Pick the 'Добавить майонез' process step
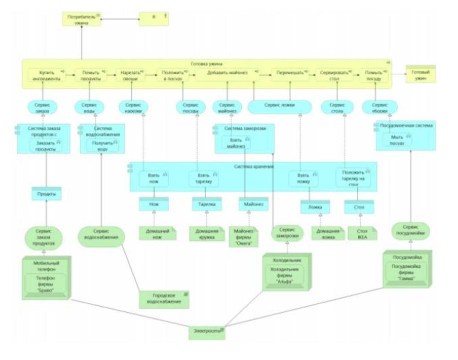coord(227,75)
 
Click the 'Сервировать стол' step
coord(334,75)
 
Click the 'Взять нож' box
coord(154,178)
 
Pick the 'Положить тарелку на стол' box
coord(353,178)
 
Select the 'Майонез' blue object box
coord(251,204)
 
